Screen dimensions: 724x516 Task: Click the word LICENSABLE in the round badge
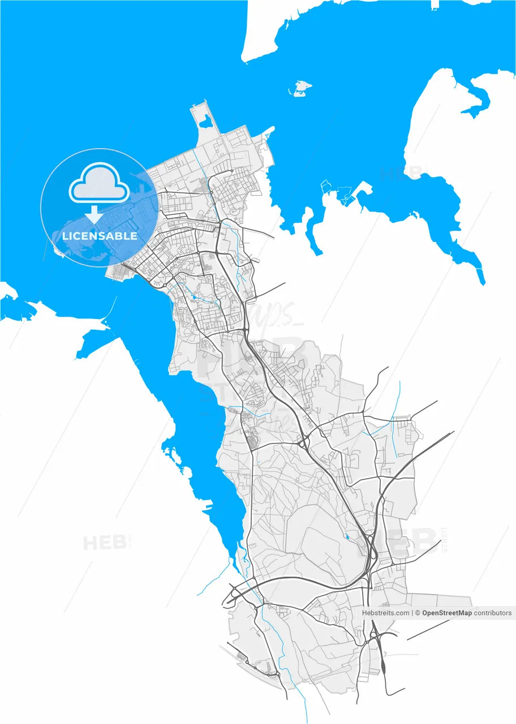point(100,236)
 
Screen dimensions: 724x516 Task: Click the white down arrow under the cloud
point(94,214)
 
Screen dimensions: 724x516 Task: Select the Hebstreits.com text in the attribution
point(385,613)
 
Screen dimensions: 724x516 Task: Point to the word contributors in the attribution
point(493,613)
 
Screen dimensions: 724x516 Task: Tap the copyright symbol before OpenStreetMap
point(417,613)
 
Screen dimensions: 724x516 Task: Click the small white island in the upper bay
point(300,88)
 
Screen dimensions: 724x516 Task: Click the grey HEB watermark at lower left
point(104,543)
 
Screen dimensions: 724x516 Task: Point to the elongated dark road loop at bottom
point(383,661)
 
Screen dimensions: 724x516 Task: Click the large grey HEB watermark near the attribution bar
point(413,542)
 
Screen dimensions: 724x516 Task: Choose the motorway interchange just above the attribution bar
point(371,557)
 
